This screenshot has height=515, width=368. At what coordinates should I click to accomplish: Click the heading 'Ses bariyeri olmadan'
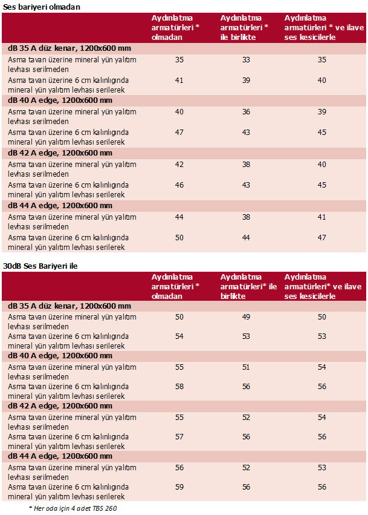pos(40,7)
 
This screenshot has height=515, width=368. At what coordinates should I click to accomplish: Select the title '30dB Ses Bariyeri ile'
pos(40,265)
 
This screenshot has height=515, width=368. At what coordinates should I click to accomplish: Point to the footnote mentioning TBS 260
pos(73,508)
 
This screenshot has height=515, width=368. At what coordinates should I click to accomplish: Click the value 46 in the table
pos(179,185)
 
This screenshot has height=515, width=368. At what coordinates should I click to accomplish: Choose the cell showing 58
pos(179,386)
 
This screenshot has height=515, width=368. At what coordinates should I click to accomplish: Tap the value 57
pos(179,437)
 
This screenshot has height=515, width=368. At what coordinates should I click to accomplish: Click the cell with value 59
pos(179,487)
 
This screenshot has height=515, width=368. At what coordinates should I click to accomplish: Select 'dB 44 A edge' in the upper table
pos(60,205)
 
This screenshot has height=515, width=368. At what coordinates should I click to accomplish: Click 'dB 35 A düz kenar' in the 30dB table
pos(69,306)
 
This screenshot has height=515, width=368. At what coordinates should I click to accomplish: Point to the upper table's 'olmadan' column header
pos(176,28)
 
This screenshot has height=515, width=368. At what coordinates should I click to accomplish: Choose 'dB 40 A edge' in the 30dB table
pos(60,356)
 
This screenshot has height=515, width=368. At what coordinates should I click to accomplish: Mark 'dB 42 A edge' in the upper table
pos(60,153)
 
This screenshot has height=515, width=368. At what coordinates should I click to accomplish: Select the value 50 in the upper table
pos(179,238)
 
